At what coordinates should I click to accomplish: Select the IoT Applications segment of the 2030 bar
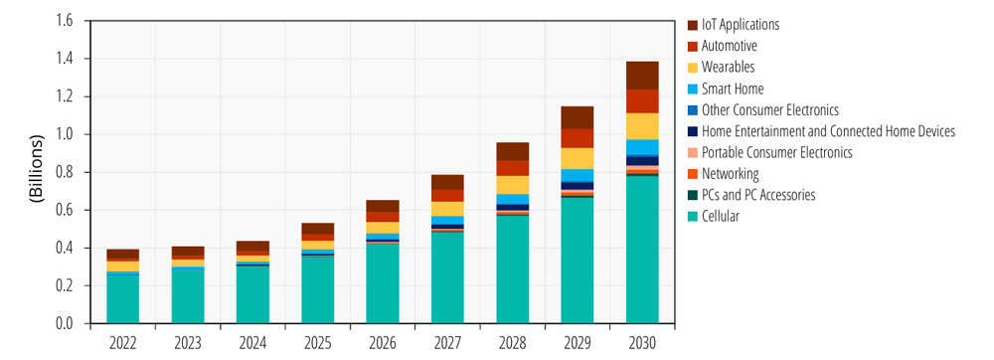[x=642, y=76]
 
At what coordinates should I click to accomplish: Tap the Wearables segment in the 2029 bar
[x=577, y=158]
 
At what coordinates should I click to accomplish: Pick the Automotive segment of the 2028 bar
[x=512, y=168]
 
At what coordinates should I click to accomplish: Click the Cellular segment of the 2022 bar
[x=123, y=299]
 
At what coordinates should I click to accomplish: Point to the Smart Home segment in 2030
[x=642, y=147]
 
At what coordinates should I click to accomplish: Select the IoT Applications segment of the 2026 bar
[x=383, y=206]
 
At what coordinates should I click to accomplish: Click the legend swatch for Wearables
[x=692, y=68]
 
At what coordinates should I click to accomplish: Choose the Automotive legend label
[x=729, y=46]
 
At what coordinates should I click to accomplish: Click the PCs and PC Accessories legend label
[x=758, y=195]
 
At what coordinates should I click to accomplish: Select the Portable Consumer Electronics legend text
[x=777, y=152]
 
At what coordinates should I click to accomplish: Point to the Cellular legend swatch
[x=692, y=217]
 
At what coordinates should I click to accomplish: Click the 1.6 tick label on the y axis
[x=66, y=21]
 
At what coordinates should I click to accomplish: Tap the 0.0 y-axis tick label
[x=66, y=324]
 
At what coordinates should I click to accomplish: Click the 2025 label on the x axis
[x=318, y=343]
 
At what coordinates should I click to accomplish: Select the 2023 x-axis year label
[x=188, y=343]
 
